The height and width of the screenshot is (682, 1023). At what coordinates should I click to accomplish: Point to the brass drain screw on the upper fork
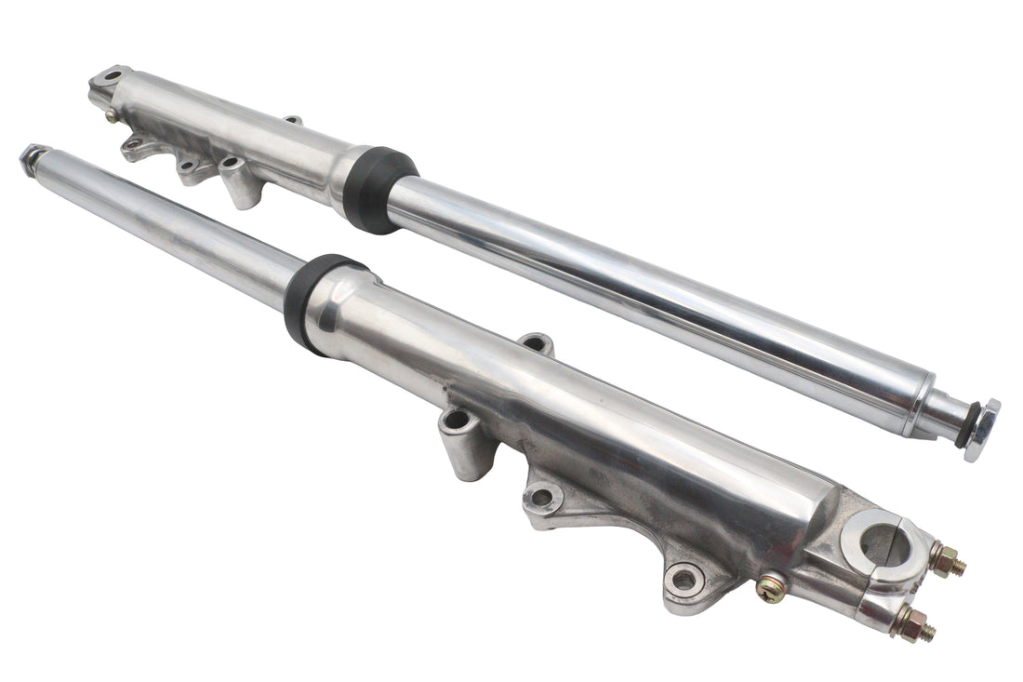click(112, 115)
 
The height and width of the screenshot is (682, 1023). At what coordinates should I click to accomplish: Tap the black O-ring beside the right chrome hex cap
click(963, 427)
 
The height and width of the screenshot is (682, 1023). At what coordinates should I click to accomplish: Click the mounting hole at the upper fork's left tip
click(113, 75)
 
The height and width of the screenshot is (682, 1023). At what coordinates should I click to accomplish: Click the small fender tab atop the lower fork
click(537, 343)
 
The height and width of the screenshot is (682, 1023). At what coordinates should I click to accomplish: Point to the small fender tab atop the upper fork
click(292, 120)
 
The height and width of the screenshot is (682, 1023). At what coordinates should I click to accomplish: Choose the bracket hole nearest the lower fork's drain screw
click(684, 580)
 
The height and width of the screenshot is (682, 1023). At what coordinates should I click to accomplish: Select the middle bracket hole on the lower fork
click(542, 497)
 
